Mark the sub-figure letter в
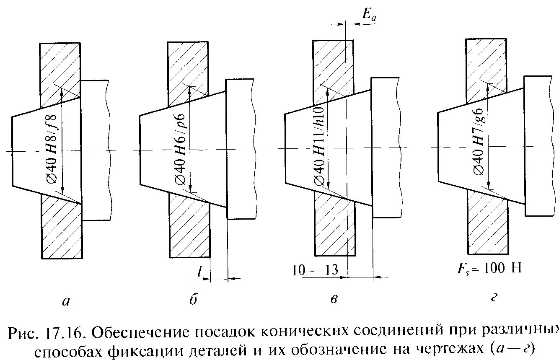(334, 300)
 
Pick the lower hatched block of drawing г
(488, 226)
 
